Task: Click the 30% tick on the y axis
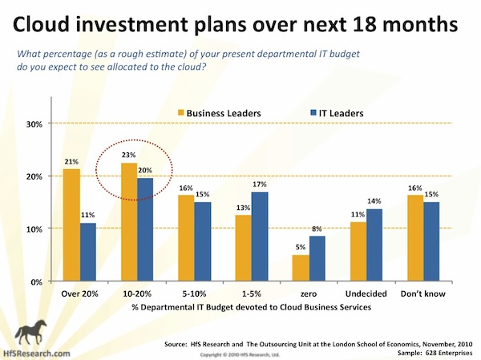36,124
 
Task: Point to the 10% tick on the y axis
36,229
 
